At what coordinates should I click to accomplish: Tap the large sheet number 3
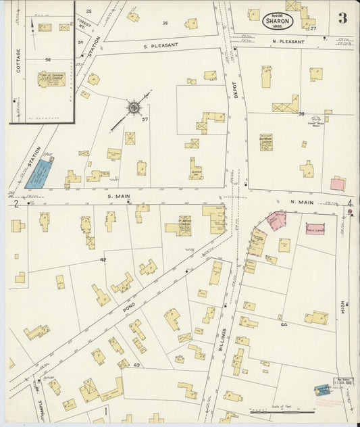click(x=342, y=18)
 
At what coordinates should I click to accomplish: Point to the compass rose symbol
click(x=134, y=107)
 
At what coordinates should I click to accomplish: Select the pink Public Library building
click(x=315, y=228)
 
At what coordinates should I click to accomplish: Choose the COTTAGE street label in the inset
click(x=18, y=60)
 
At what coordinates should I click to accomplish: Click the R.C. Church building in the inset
click(x=51, y=79)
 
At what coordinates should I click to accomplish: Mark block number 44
click(x=284, y=324)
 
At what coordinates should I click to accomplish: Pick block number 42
click(x=103, y=259)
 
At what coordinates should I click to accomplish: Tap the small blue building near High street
click(x=322, y=390)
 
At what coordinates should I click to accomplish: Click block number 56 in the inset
click(x=48, y=59)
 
